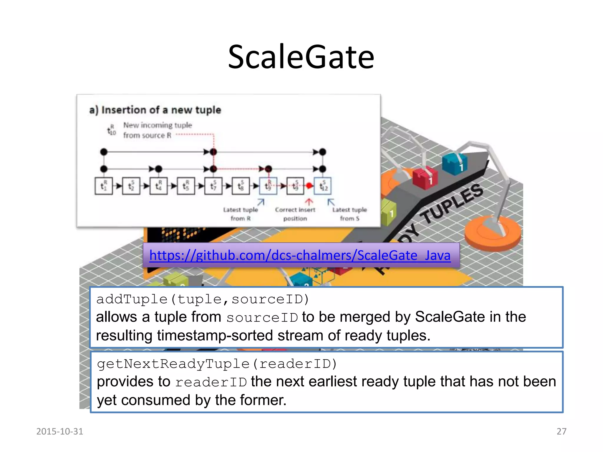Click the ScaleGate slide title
[x=301, y=57]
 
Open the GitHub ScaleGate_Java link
[x=300, y=255]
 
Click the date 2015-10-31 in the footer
[x=59, y=431]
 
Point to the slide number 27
[x=561, y=431]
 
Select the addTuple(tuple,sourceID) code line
[x=203, y=299]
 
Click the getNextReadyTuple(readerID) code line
[x=217, y=364]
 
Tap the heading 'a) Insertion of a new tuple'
[x=155, y=110]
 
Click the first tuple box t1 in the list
[x=103, y=186]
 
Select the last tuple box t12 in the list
[x=323, y=186]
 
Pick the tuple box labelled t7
[x=213, y=186]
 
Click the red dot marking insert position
[x=309, y=186]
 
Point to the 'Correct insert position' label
[x=295, y=214]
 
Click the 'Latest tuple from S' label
[x=349, y=214]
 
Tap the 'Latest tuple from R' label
[x=240, y=214]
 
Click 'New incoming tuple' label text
[x=158, y=125]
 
